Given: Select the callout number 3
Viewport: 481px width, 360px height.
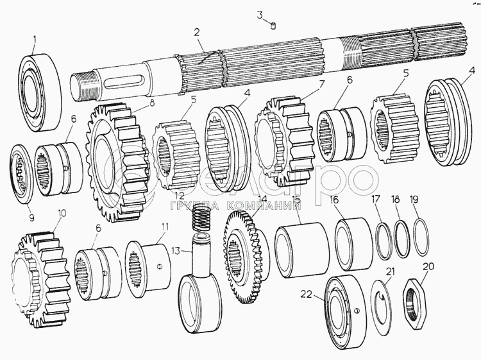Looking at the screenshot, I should pyautogui.click(x=260, y=14).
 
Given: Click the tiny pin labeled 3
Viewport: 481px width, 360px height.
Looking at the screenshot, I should pyautogui.click(x=273, y=26).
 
